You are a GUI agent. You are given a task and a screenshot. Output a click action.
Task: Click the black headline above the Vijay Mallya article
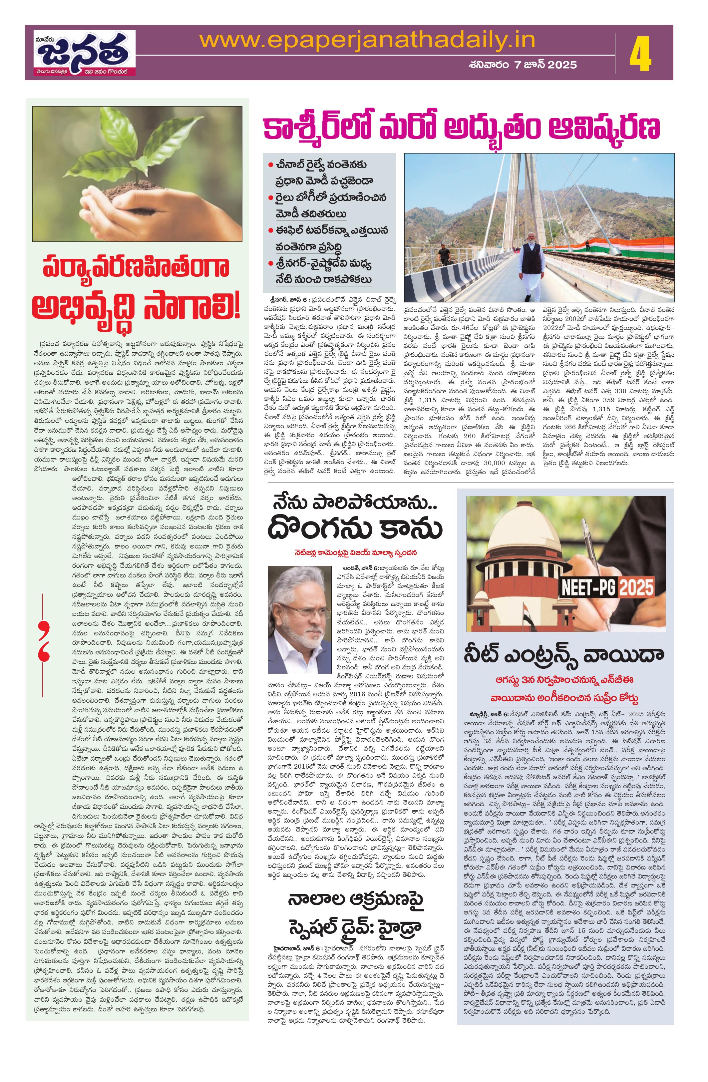coord(356,518)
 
